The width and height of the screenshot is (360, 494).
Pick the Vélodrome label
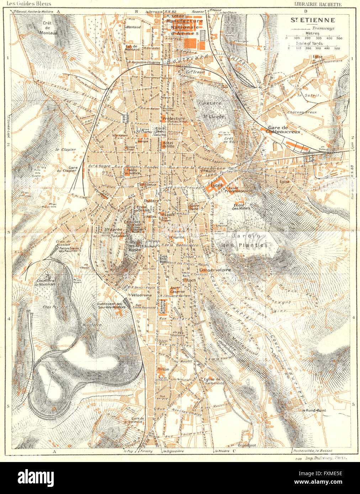tap(141, 295)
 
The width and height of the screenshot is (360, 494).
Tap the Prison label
tap(163, 369)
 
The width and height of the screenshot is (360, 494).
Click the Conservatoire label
tap(215, 270)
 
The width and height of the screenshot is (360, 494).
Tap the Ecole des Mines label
tap(242, 206)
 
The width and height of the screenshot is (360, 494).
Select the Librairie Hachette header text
tap(318, 4)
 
